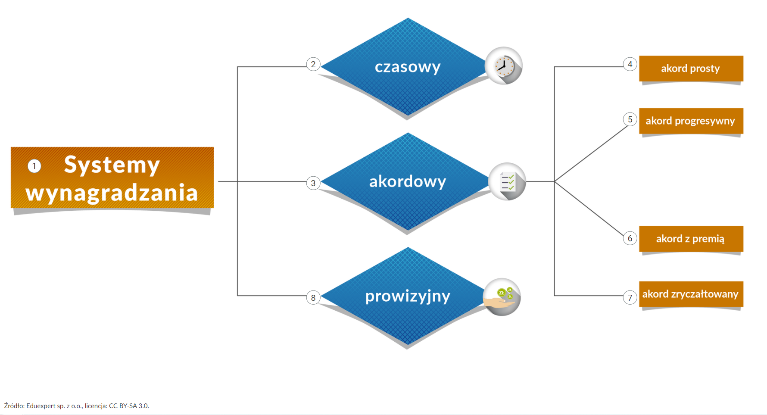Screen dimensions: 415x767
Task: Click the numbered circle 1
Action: click(x=34, y=166)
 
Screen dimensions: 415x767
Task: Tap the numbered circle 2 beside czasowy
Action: click(x=313, y=65)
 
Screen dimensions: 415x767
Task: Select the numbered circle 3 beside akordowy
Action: click(x=313, y=183)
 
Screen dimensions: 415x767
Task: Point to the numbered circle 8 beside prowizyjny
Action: click(x=313, y=297)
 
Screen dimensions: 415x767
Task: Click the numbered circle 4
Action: click(x=630, y=65)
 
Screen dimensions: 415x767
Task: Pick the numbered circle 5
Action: click(x=630, y=119)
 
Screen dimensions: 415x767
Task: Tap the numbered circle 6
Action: click(x=630, y=238)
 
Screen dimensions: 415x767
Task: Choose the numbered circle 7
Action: click(x=630, y=297)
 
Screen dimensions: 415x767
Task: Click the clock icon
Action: click(x=503, y=66)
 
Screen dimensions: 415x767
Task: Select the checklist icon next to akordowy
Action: click(x=507, y=181)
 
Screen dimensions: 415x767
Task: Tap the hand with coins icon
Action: click(x=502, y=297)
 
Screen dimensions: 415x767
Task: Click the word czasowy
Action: click(x=407, y=67)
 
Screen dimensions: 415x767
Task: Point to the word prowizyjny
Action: click(x=407, y=296)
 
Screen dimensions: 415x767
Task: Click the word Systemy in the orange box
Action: click(x=112, y=165)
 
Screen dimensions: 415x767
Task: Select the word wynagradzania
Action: click(x=112, y=193)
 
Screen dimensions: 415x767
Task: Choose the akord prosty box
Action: click(x=691, y=69)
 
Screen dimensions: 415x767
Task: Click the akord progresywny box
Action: click(x=691, y=121)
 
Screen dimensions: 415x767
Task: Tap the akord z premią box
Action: click(x=691, y=239)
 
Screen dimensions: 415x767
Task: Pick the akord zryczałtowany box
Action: click(x=691, y=294)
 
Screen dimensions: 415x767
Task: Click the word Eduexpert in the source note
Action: click(x=41, y=406)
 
